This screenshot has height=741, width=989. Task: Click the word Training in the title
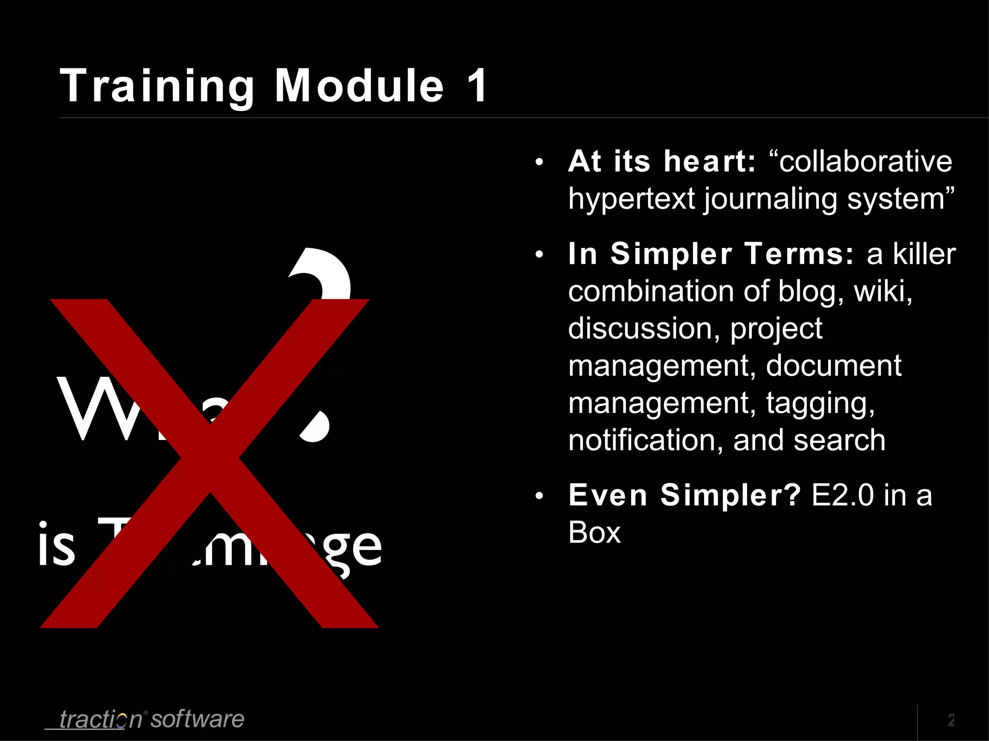[x=157, y=86]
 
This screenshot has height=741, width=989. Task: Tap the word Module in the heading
[x=359, y=86]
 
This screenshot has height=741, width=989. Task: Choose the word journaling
[x=770, y=199]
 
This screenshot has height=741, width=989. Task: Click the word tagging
[x=820, y=403]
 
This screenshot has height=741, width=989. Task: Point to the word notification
[x=645, y=440]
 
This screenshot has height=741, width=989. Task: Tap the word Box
[x=594, y=533]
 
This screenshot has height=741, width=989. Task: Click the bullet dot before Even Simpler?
[x=539, y=496]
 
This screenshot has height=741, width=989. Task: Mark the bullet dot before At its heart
[x=539, y=162]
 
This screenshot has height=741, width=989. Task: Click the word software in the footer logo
[x=197, y=719]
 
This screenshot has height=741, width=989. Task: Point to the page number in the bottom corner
[x=951, y=720]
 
